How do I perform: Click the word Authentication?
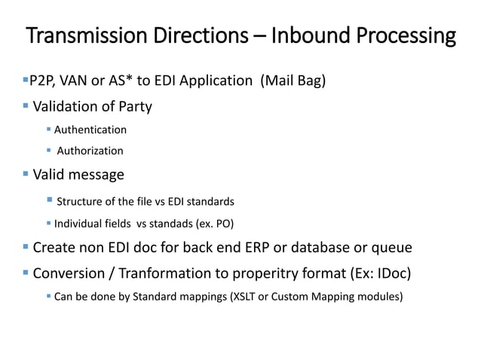(x=90, y=130)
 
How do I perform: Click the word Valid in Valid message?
(x=48, y=175)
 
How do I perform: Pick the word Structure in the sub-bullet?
(x=81, y=201)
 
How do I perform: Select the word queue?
(x=391, y=247)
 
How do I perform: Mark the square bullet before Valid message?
(x=25, y=175)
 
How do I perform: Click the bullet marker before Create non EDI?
(x=25, y=246)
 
